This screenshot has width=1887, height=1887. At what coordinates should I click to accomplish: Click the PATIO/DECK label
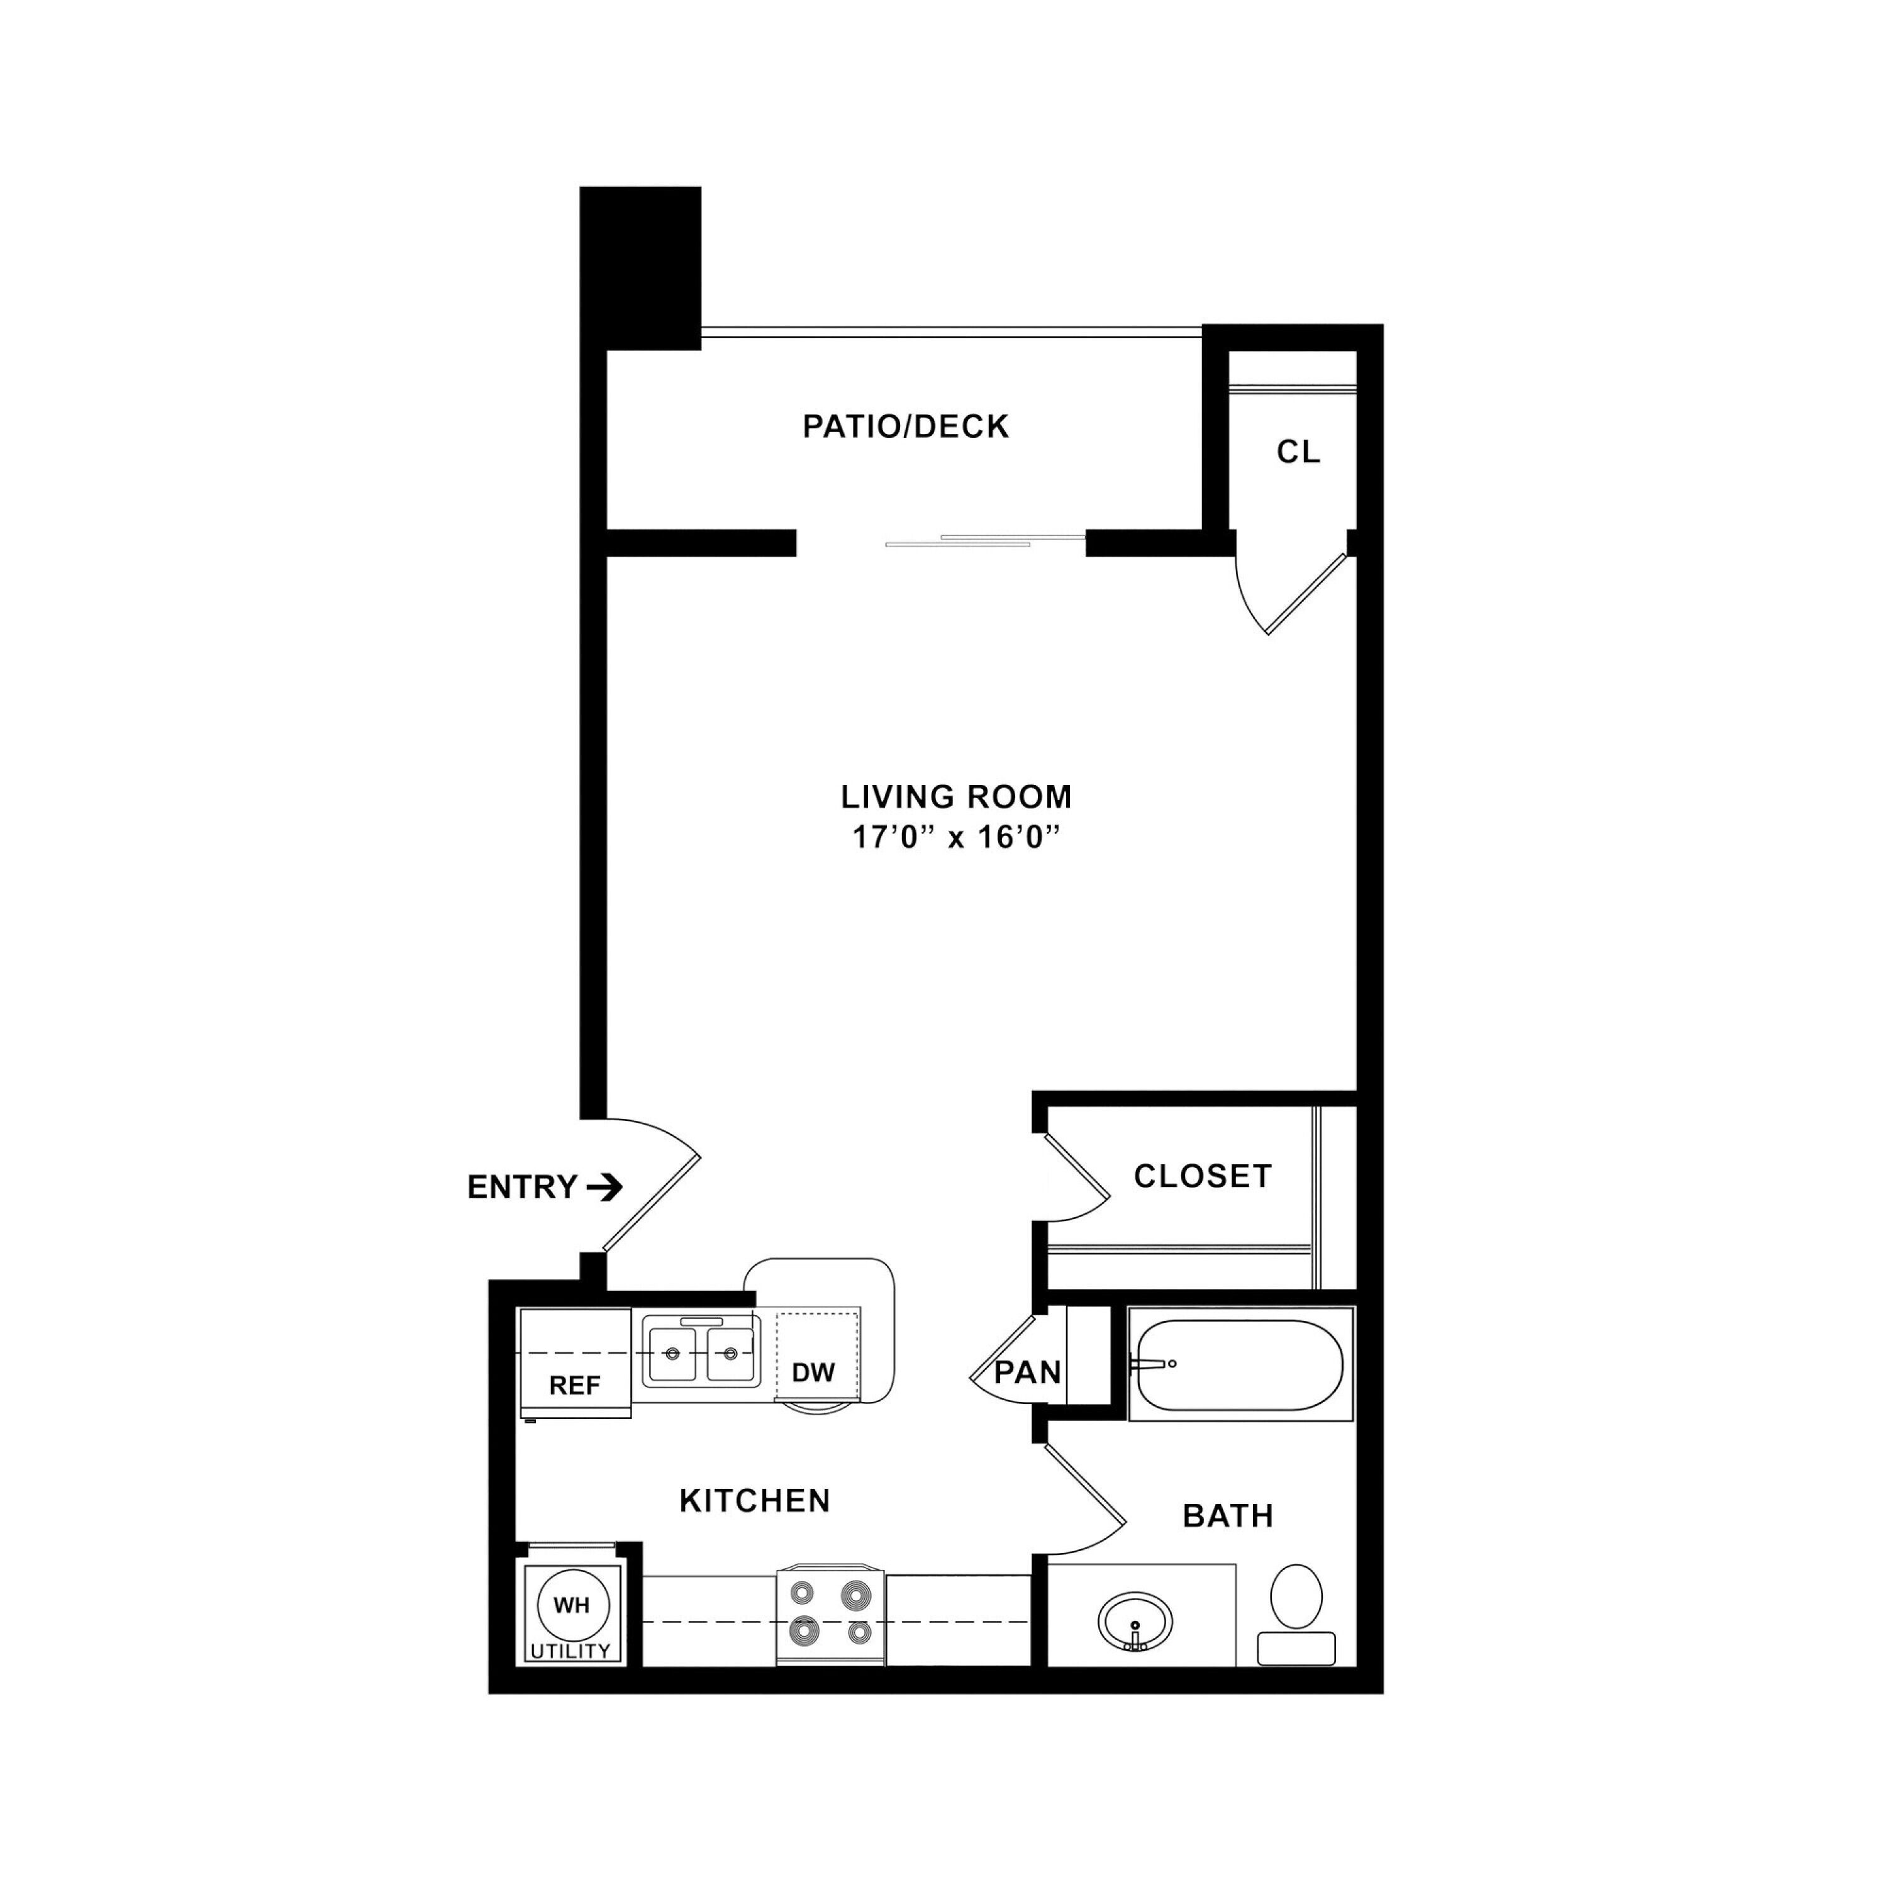pos(905,427)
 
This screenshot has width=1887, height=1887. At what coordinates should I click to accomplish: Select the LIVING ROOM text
pos(956,797)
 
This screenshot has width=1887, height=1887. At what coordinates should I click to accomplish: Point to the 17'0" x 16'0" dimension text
pos(956,838)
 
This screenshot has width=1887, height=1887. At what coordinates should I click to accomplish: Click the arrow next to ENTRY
pos(604,1188)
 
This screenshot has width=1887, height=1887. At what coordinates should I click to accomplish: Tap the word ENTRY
pos(523,1188)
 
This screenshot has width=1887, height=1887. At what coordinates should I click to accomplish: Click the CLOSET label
pos(1202,1176)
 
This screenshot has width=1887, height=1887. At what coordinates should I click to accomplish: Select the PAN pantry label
pos(1028,1372)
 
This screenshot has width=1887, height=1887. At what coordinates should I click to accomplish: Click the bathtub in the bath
pos(1240,1364)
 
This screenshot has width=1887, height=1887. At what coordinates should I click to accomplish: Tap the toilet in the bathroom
pos(1296,1613)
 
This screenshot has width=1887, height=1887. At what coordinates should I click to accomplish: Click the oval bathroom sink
pos(1135,1622)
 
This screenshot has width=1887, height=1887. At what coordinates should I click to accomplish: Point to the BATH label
pos(1228,1516)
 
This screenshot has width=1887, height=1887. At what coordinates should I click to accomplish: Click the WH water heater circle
pos(572,1605)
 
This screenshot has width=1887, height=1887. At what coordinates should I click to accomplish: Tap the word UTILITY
pos(571,1650)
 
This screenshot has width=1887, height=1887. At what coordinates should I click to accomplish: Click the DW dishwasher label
pos(813,1372)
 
